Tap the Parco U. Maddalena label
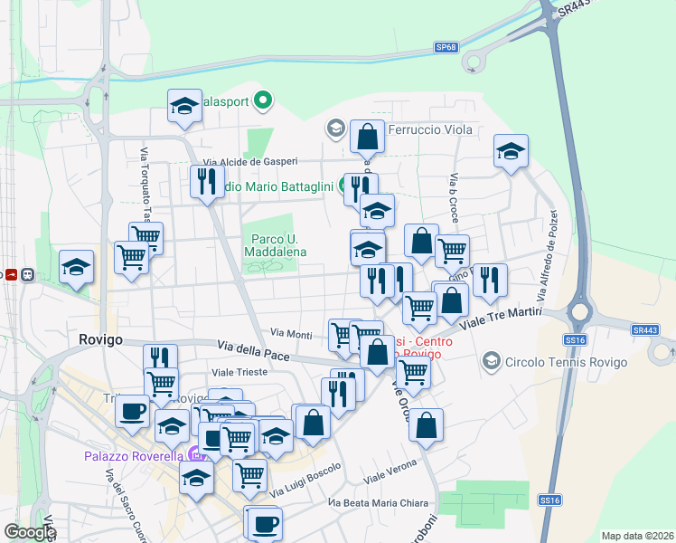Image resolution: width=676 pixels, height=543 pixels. (275, 245)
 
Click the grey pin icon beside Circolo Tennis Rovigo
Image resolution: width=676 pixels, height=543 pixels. (492, 363)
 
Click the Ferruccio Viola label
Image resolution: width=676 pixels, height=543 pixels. (430, 129)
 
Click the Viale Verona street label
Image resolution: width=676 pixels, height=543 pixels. (390, 472)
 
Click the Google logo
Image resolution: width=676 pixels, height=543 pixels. (30, 532)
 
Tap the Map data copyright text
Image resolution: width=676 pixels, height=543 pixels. (636, 536)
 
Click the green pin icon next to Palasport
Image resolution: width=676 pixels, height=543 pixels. (263, 100)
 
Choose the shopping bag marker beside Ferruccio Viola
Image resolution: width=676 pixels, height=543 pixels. (367, 138)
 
